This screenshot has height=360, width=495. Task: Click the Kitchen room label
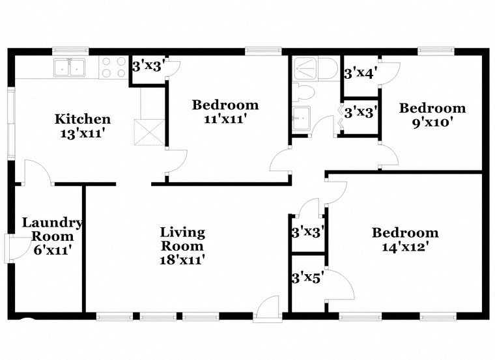point(82,119)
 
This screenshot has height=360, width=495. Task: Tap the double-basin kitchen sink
point(70,66)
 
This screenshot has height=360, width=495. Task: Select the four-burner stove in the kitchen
point(113,67)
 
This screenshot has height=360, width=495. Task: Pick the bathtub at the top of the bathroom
point(314,67)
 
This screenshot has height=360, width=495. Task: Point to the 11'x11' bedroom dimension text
point(225,118)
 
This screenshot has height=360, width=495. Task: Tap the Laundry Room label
point(52,230)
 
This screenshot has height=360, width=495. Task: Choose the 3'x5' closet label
point(307,279)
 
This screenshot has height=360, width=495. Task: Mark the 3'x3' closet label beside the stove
point(148,66)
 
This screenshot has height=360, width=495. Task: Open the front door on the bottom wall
point(267,310)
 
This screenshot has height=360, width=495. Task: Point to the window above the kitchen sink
point(70,49)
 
